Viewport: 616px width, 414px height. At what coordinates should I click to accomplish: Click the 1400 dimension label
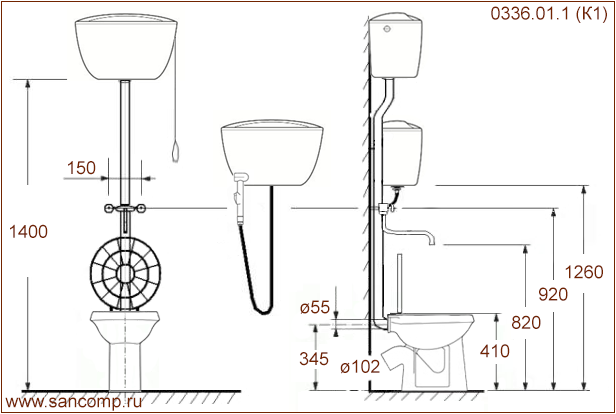(28, 232)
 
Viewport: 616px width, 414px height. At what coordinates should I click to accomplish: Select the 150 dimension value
(81, 168)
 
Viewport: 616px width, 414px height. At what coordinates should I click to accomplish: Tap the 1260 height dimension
(584, 272)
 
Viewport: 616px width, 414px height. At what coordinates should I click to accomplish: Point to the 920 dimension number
(553, 294)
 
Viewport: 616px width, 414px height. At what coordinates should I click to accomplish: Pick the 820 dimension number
(526, 323)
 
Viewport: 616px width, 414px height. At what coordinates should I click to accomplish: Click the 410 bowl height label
(495, 351)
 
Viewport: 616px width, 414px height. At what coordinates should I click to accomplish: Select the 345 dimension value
(314, 359)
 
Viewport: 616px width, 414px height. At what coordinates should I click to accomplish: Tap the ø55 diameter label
(315, 308)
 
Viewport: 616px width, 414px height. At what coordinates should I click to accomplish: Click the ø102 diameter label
(360, 367)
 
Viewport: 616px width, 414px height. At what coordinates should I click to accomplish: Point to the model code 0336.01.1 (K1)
(549, 13)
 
